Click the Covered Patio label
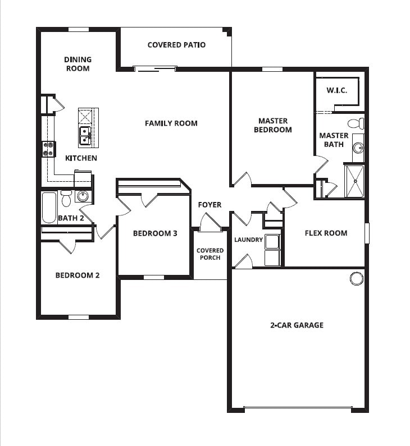(176, 45)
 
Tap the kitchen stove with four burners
(49, 149)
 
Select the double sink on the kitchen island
(85, 136)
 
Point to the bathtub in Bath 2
(49, 208)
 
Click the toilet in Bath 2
(66, 198)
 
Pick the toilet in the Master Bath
(356, 124)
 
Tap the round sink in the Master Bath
(358, 148)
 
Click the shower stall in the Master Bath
(354, 181)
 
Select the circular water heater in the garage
(356, 278)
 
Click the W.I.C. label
(336, 90)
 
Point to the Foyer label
(209, 205)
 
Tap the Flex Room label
(326, 233)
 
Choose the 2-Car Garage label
(297, 325)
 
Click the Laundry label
(248, 240)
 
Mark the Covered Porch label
(210, 254)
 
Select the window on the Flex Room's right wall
(367, 233)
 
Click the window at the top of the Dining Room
(79, 29)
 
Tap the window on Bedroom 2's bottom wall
(79, 317)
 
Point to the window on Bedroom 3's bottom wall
(154, 277)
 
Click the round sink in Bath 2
(83, 196)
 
